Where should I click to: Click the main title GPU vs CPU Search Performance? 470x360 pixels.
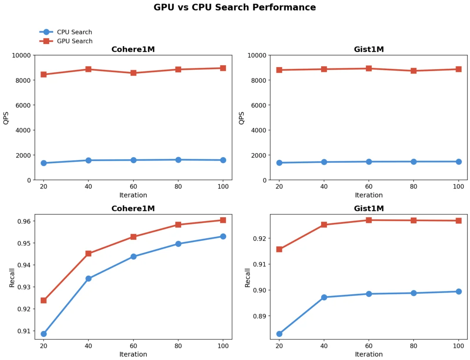[x=235, y=7]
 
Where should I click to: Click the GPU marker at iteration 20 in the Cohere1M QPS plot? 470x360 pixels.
[x=44, y=74]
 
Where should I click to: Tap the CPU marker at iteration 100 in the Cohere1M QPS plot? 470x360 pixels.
[x=223, y=160]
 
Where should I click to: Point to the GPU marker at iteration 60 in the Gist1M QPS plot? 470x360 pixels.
[x=369, y=68]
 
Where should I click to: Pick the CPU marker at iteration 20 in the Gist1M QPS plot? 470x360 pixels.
[x=279, y=163]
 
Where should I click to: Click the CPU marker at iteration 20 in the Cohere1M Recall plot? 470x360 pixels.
[x=44, y=334]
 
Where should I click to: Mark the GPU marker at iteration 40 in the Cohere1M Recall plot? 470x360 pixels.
[x=88, y=253]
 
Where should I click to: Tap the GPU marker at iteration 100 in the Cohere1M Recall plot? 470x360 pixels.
[x=223, y=220]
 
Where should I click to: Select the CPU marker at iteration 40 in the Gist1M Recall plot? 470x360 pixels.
[x=324, y=297]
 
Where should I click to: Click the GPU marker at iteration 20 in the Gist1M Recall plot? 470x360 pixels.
[x=279, y=249]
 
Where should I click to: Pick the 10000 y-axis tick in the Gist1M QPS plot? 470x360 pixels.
[x=257, y=55]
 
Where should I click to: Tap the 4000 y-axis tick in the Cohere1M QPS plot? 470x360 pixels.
[x=23, y=130]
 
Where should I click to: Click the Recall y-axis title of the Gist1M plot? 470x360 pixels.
[x=248, y=277]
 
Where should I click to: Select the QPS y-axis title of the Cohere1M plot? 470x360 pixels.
[x=6, y=118]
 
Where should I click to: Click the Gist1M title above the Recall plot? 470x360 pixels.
[x=369, y=209]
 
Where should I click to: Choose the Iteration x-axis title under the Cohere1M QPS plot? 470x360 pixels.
[x=133, y=195]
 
